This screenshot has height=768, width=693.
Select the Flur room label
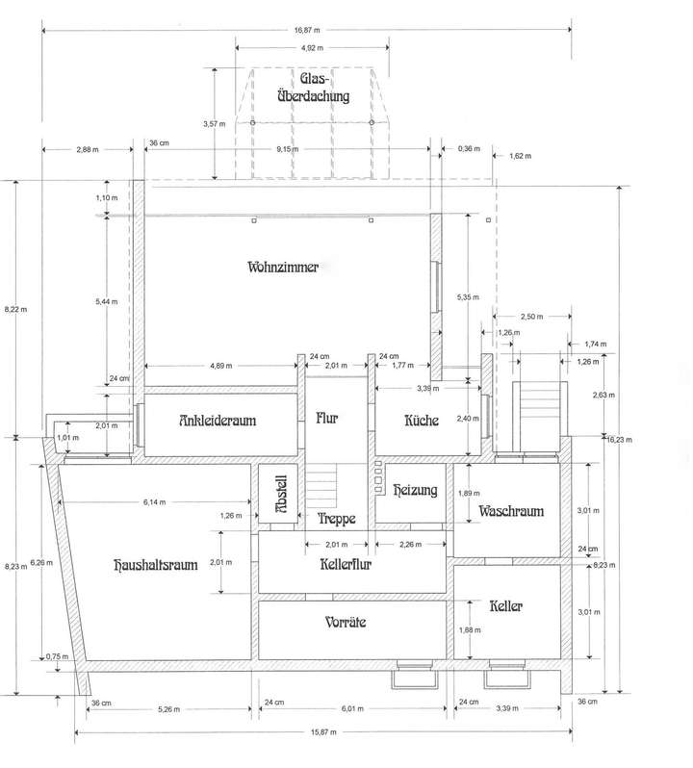coord(327,418)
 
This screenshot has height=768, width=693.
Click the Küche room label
coord(422,421)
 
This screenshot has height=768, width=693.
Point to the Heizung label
coord(416,490)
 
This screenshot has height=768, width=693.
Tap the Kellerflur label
coord(345,564)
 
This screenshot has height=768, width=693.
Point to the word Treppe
coord(337,518)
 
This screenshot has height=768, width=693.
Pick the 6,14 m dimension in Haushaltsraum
coord(153,501)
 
